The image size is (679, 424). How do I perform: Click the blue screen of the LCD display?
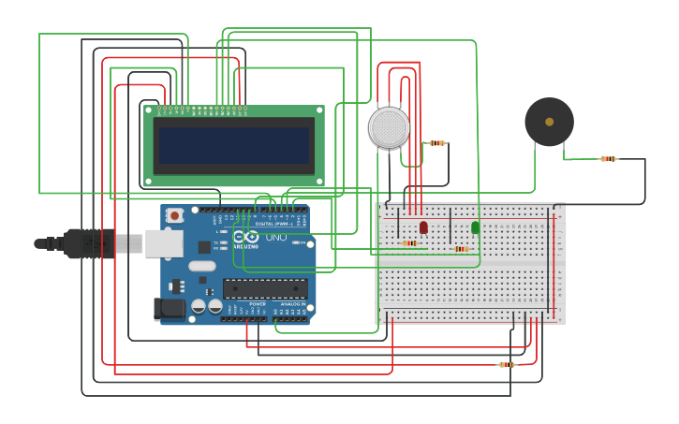(233, 145)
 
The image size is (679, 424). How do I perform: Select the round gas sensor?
(389, 127)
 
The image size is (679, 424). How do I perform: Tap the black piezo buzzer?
(549, 122)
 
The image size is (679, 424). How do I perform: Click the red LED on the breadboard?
(423, 227)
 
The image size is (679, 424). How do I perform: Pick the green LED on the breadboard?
(475, 227)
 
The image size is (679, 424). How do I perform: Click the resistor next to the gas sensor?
(436, 143)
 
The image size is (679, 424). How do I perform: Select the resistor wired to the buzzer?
(608, 159)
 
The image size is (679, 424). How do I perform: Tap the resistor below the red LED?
(409, 243)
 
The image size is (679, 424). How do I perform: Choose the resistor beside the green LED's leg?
(459, 249)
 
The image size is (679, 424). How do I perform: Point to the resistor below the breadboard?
(507, 364)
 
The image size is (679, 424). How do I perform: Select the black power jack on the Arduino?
(169, 307)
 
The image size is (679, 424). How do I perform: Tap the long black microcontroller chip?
(265, 288)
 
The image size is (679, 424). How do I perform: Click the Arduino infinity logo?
(246, 238)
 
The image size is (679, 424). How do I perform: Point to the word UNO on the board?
(276, 238)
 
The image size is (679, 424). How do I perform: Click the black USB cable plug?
(89, 243)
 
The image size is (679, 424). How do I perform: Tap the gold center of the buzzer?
(549, 121)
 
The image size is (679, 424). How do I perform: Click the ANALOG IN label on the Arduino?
(291, 304)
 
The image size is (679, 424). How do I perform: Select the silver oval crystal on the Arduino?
(201, 266)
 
